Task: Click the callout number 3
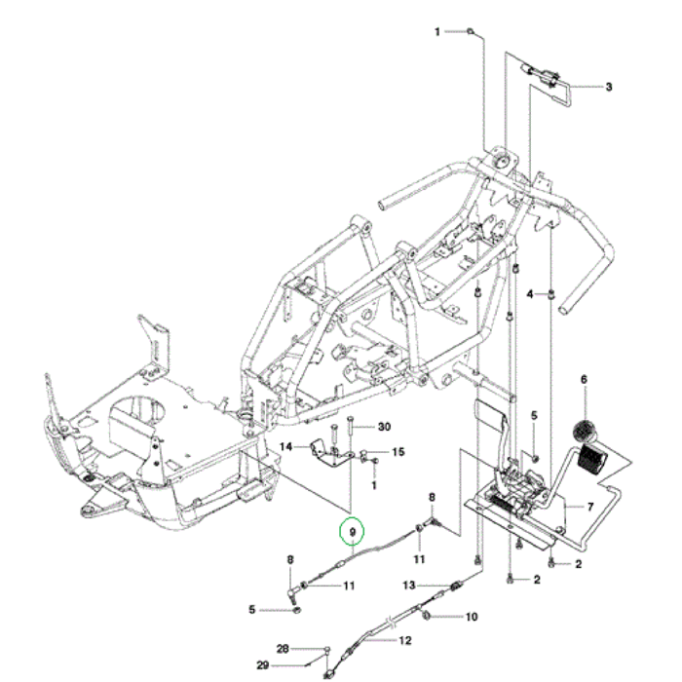click(x=609, y=87)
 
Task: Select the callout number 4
click(x=530, y=293)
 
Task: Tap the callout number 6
click(x=585, y=379)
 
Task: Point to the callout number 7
click(x=589, y=508)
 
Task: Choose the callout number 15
click(x=398, y=452)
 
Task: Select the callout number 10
click(x=472, y=617)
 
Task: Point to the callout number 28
click(x=283, y=648)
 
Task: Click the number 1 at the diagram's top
click(x=438, y=32)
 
